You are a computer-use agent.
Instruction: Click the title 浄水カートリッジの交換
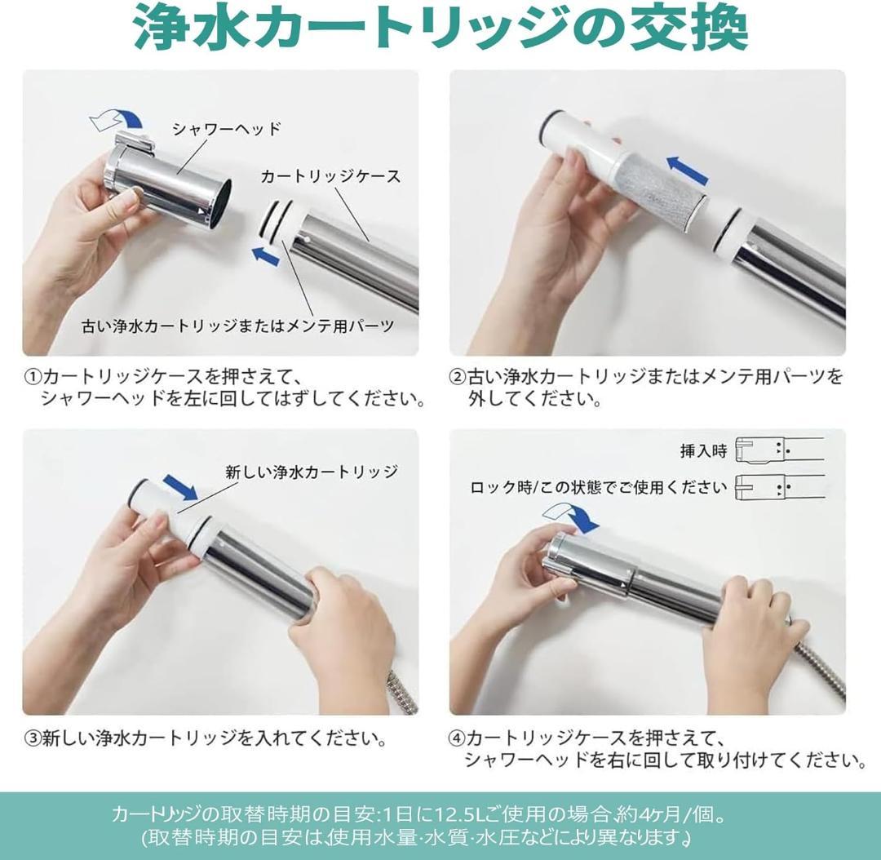[x=440, y=31]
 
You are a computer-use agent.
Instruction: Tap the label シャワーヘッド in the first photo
[x=226, y=128]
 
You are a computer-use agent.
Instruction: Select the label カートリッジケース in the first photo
[x=330, y=176]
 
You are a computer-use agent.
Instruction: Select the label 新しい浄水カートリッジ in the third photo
[x=311, y=472]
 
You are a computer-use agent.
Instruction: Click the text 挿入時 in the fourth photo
[x=702, y=450]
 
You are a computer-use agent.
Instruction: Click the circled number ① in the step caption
[x=32, y=377]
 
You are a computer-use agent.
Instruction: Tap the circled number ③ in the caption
[x=32, y=739]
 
